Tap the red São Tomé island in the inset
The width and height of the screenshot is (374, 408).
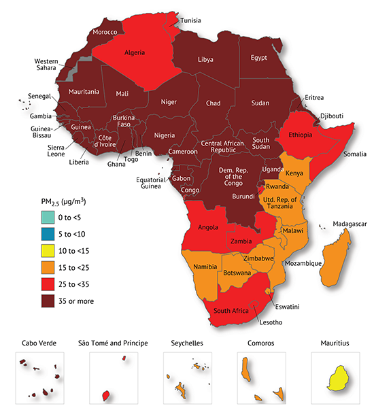(105, 394)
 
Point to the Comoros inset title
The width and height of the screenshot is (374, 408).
(260, 343)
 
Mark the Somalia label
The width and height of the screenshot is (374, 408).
(354, 154)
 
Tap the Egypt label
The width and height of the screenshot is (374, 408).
(260, 58)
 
